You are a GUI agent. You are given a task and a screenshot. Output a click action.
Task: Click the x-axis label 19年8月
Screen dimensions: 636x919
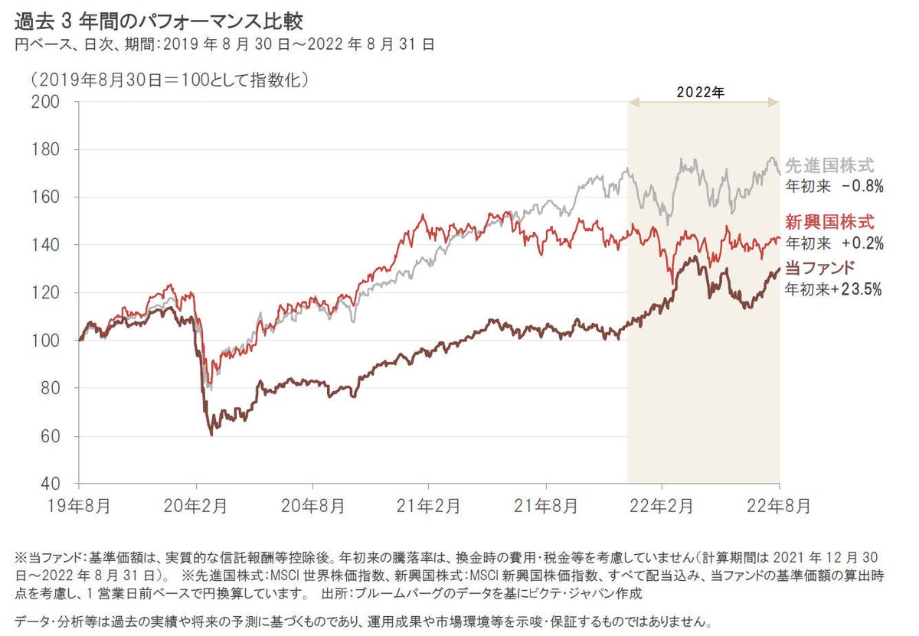(78, 506)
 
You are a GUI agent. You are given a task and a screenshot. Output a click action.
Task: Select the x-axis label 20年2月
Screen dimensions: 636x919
(197, 506)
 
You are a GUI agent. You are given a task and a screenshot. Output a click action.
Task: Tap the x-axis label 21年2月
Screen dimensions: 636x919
(430, 506)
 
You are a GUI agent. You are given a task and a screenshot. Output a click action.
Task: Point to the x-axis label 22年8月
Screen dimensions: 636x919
(779, 506)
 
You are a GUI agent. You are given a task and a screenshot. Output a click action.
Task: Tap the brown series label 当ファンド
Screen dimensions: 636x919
(820, 269)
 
